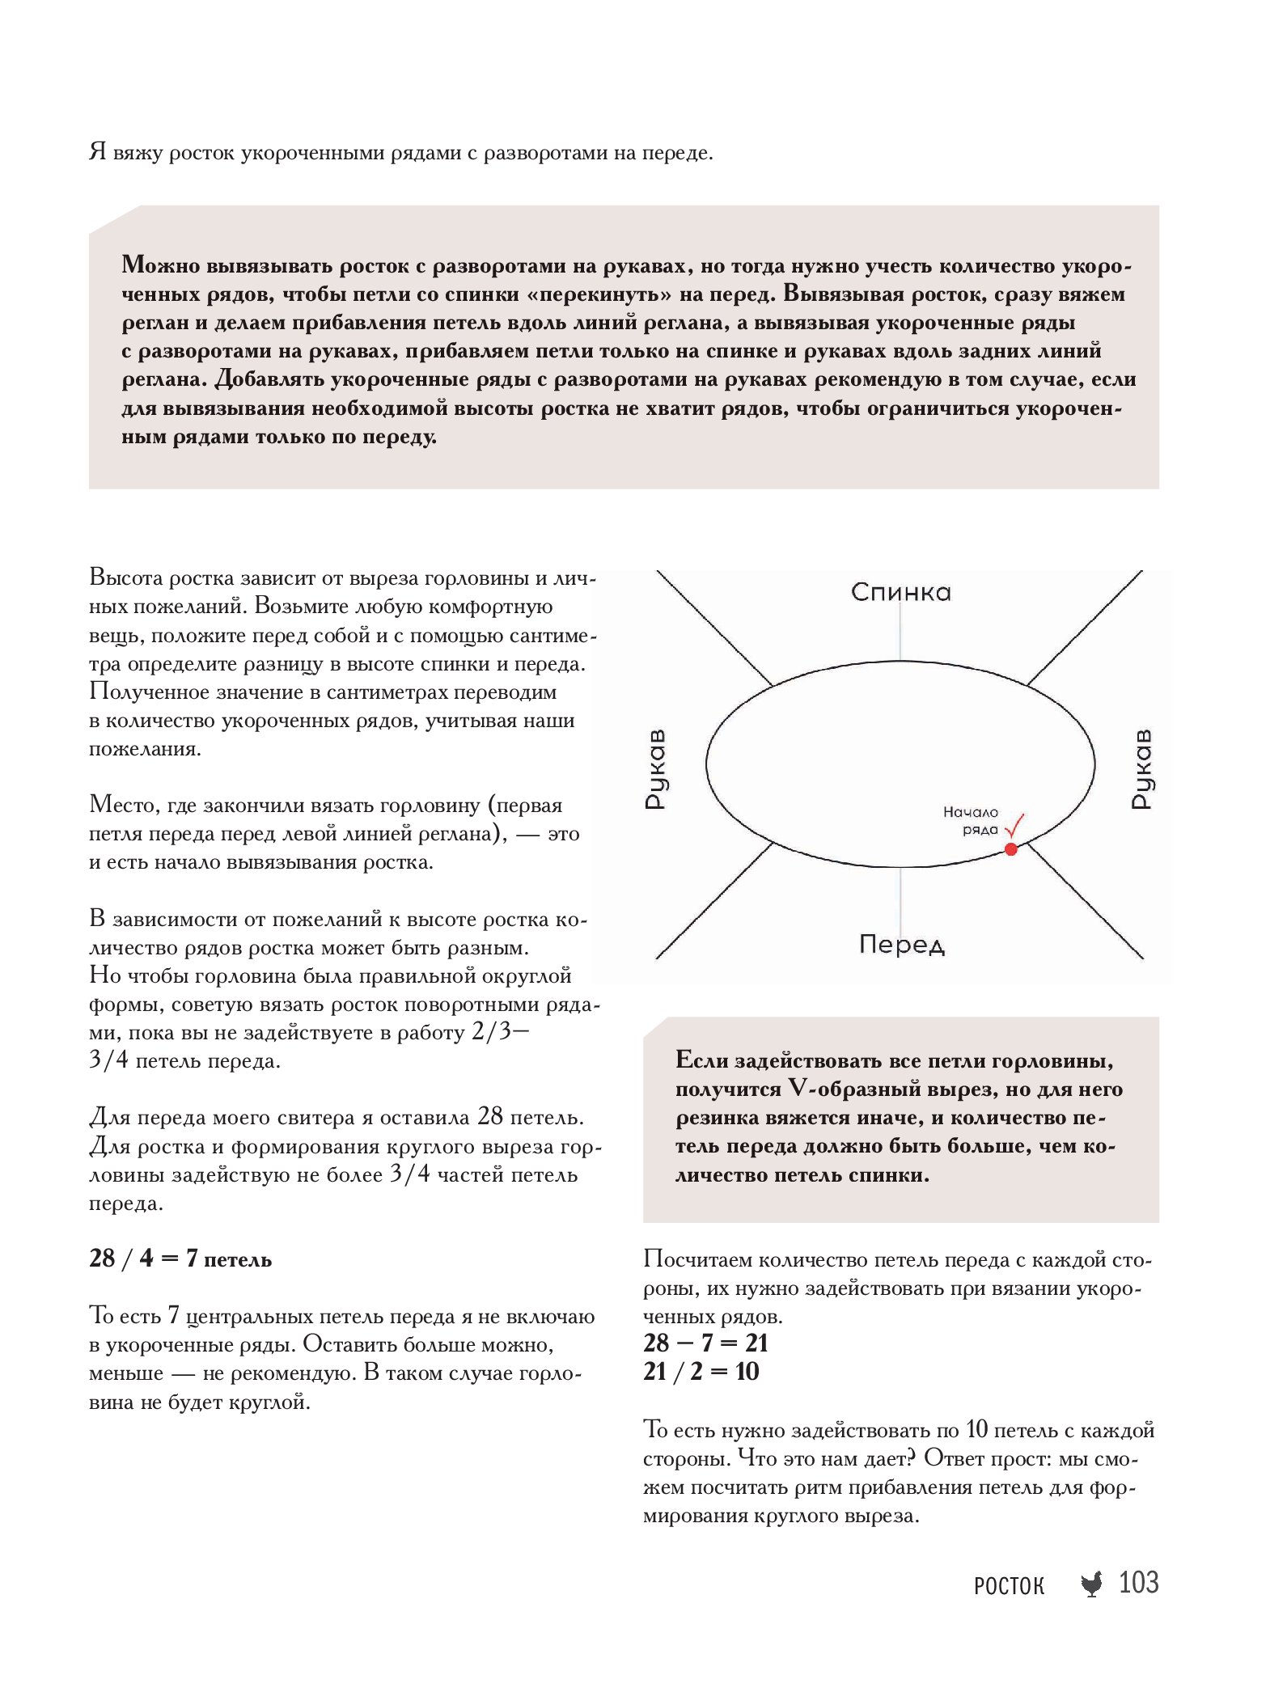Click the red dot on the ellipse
1010,848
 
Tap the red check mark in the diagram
1015,827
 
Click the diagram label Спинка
900,592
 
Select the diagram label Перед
901,944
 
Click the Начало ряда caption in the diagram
971,820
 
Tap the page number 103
1138,1582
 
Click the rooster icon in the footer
1091,1584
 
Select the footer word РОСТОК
1009,1585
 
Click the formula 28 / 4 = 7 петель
180,1259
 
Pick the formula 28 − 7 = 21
705,1343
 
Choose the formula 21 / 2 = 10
701,1371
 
